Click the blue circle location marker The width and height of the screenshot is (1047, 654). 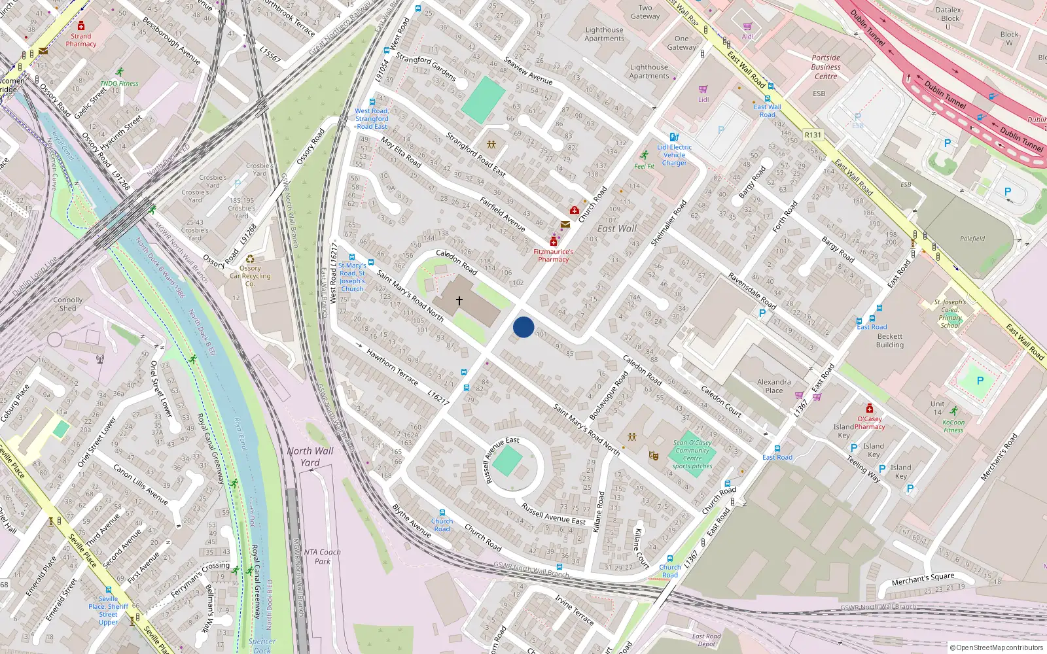pyautogui.click(x=523, y=327)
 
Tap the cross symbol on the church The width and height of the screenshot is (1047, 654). pyautogui.click(x=459, y=301)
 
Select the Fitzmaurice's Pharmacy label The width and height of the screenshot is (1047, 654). pyautogui.click(x=553, y=255)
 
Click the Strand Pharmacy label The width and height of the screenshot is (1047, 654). pyautogui.click(x=81, y=40)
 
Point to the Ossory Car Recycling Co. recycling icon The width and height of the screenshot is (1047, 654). pyautogui.click(x=250, y=259)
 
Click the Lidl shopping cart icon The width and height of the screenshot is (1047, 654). pyautogui.click(x=703, y=90)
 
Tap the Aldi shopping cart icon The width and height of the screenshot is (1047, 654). pyautogui.click(x=747, y=27)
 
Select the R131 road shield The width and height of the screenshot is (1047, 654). pyautogui.click(x=813, y=135)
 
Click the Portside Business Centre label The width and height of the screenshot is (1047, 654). pyautogui.click(x=826, y=67)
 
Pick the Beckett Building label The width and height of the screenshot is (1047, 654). pyautogui.click(x=890, y=341)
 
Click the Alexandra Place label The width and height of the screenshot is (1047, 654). pyautogui.click(x=774, y=386)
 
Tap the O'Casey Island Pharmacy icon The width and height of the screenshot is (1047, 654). pyautogui.click(x=869, y=409)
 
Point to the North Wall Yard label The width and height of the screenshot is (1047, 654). pyautogui.click(x=310, y=456)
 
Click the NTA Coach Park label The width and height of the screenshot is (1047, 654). pyautogui.click(x=323, y=557)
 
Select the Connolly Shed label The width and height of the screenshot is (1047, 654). pyautogui.click(x=68, y=304)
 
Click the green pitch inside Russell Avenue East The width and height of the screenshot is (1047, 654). pyautogui.click(x=507, y=462)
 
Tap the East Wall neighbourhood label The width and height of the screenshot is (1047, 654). pyautogui.click(x=617, y=229)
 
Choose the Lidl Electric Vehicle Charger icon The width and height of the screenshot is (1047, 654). pyautogui.click(x=674, y=137)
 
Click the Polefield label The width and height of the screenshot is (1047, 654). pyautogui.click(x=972, y=239)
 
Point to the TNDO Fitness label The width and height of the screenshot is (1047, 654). pyautogui.click(x=119, y=83)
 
